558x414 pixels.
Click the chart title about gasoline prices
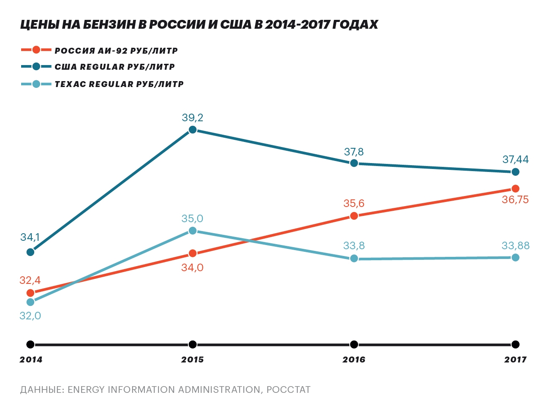click(199, 25)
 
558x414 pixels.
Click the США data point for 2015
click(193, 130)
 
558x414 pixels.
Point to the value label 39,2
click(193, 118)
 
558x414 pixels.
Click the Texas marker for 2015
click(193, 231)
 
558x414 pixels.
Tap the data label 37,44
click(515, 160)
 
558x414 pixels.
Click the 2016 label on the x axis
click(354, 360)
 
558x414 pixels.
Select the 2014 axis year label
click(31, 360)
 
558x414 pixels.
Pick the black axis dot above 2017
click(515, 344)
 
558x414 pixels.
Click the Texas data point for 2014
click(30, 302)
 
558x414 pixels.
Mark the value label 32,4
click(30, 281)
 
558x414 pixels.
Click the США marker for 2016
click(354, 163)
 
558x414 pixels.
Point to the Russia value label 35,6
click(354, 204)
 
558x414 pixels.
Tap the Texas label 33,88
click(515, 246)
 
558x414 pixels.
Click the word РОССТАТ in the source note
click(289, 389)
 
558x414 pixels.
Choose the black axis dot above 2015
click(193, 344)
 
